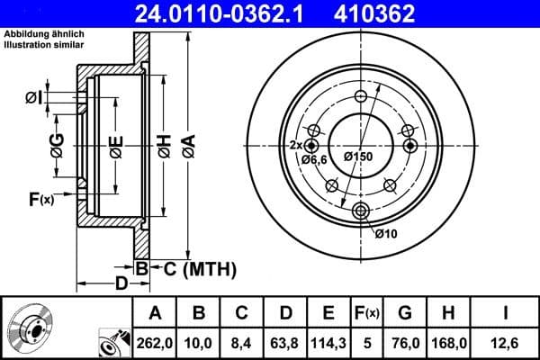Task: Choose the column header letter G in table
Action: (x=405, y=313)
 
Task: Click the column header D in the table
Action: (x=284, y=313)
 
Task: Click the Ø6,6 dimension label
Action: (x=314, y=159)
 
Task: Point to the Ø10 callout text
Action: (x=385, y=234)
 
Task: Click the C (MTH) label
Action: (x=199, y=268)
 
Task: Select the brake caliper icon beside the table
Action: (x=111, y=342)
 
